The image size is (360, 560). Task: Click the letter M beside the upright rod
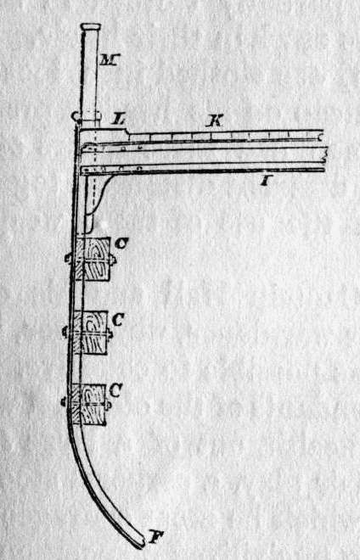[x=110, y=60]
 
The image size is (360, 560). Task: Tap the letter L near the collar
[x=118, y=119]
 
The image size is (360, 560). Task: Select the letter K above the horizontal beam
[x=215, y=121]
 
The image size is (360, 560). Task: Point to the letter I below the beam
[x=265, y=182]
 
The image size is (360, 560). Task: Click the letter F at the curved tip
[x=154, y=537]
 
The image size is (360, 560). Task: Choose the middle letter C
[x=117, y=320]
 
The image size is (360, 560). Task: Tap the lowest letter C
[x=115, y=390]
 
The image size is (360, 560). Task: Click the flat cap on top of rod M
[x=91, y=26]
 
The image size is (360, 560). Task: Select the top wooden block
[x=93, y=259]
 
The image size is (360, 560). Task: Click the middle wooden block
[x=91, y=333]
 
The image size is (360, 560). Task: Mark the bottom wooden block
[x=88, y=404]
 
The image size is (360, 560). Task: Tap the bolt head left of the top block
[x=68, y=258]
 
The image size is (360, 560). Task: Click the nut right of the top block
[x=113, y=260]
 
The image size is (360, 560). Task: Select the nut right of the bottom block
[x=109, y=405]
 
